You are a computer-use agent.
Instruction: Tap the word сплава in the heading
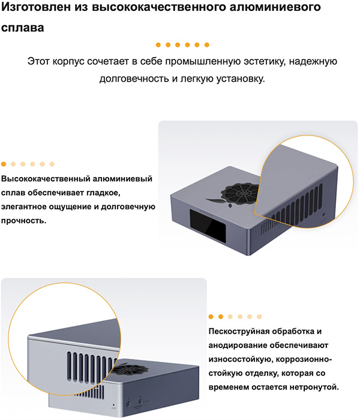pos(23,28)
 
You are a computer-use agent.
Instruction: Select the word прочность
pos(23,221)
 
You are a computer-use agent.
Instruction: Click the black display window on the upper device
pos(208,226)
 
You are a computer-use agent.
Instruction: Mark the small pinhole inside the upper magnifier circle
pos(324,214)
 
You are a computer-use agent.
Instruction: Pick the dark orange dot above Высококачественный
pos(4,164)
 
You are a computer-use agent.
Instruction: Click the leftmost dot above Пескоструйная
pos(211,317)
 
